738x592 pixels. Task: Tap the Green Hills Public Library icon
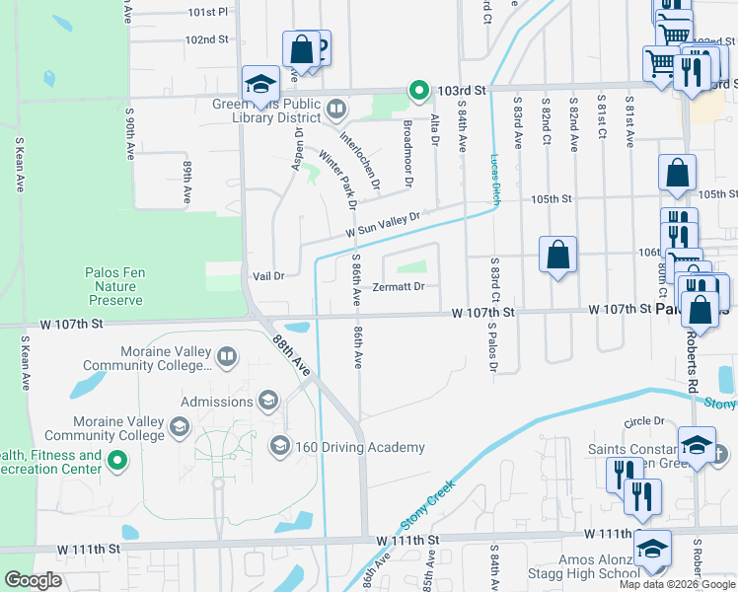335,108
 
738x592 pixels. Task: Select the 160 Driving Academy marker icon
279,447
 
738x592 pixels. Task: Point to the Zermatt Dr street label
399,287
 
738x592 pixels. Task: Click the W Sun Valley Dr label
383,224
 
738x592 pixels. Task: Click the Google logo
33,580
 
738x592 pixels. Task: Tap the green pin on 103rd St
418,91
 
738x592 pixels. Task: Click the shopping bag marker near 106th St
557,255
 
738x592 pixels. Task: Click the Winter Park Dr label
335,179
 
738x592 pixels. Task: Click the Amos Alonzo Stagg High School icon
652,550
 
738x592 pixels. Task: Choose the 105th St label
552,198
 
